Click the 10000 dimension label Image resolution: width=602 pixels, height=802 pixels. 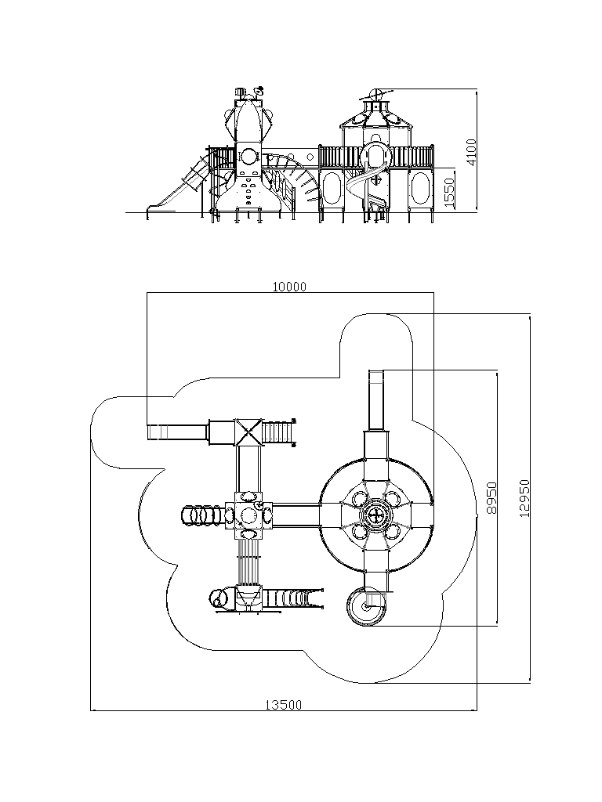click(289, 287)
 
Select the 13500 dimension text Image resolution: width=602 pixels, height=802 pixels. click(283, 705)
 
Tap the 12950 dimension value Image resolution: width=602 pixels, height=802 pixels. click(524, 497)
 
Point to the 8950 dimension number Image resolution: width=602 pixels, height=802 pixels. click(491, 497)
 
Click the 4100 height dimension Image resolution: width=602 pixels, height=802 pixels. click(471, 151)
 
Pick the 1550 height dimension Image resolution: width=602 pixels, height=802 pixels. click(449, 193)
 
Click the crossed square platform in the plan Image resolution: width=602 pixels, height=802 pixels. click(248, 432)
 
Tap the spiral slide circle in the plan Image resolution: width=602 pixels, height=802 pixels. click(365, 607)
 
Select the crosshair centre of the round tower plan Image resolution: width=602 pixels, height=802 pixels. click(376, 514)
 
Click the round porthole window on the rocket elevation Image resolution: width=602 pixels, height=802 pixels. click(249, 155)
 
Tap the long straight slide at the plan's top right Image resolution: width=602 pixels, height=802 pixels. click(376, 400)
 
